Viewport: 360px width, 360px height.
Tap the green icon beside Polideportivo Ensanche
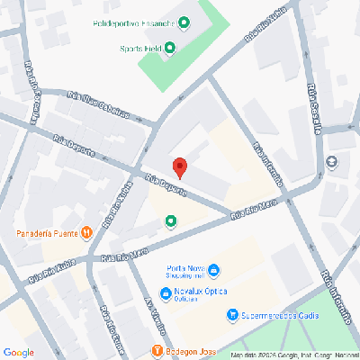coord(184,22)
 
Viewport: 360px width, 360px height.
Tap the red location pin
coord(179,167)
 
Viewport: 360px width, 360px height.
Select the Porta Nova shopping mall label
coord(186,271)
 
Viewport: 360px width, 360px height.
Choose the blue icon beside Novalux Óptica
coord(166,294)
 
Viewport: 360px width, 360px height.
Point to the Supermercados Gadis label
coord(274,316)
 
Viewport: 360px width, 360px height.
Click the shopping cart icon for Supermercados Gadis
coord(232,315)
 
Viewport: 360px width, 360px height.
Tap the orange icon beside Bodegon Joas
coord(157,350)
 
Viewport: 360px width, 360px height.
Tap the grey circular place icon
coord(333,162)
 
